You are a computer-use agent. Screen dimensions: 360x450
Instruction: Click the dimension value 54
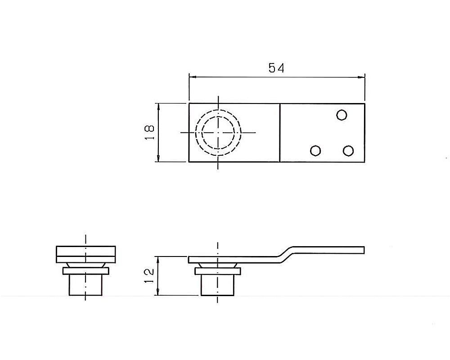(276, 68)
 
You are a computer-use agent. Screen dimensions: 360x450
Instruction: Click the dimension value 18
(150, 132)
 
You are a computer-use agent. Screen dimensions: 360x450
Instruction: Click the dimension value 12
(150, 275)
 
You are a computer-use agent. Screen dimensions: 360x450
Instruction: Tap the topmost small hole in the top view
(342, 115)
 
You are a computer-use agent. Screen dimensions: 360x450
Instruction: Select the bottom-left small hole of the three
(316, 151)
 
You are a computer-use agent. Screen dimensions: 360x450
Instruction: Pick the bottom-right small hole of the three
(347, 151)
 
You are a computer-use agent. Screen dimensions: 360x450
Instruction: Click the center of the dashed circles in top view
(218, 132)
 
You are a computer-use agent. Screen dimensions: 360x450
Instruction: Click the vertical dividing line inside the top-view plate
(280, 132)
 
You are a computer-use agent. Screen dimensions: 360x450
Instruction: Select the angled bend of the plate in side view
(286, 253)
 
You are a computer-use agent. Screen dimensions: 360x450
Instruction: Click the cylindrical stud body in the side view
(218, 285)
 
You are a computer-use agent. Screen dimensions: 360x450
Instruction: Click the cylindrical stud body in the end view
(85, 285)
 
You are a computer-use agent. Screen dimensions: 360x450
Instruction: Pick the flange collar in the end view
(85, 271)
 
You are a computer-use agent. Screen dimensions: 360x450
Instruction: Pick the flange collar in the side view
(218, 271)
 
